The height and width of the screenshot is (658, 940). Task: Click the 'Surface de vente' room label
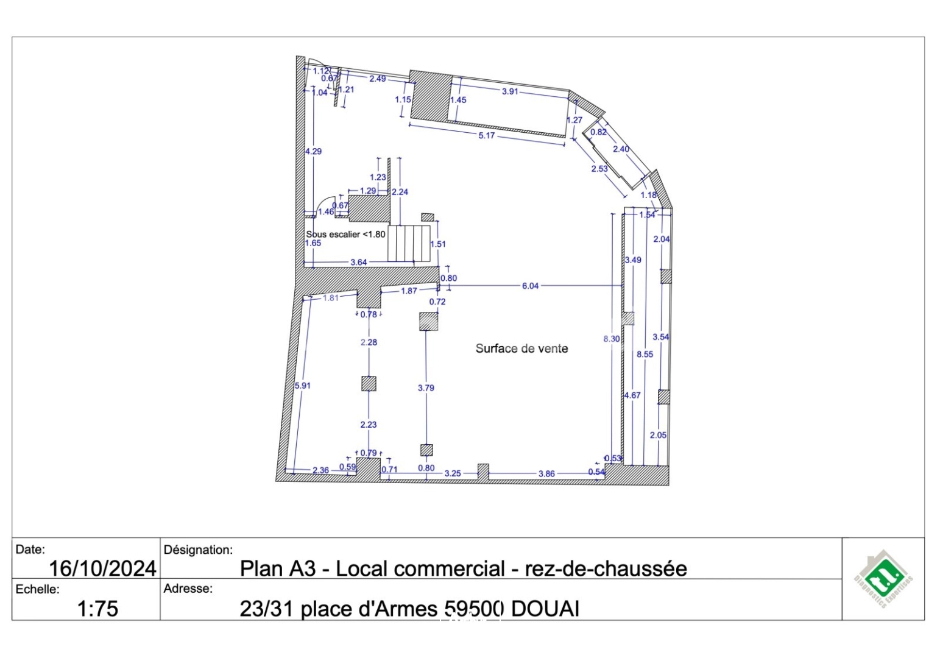coord(521,348)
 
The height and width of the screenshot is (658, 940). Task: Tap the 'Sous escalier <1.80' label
coord(345,234)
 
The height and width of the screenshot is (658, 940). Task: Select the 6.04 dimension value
coord(530,286)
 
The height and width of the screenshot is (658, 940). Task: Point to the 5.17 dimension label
coord(486,135)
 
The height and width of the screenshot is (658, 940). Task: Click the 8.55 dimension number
coord(645,354)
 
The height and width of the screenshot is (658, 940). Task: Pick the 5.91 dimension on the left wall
coord(303,386)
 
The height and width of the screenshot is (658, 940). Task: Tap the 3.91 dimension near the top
coord(509,91)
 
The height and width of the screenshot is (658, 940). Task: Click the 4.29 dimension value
coord(314,151)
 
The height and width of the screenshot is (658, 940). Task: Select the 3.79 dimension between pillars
coord(426,387)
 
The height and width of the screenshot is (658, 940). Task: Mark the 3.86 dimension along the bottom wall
coord(546,473)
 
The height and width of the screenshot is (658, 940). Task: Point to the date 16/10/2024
coord(102,568)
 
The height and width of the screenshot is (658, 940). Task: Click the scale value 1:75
coord(97,608)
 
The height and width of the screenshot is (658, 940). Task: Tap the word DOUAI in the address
coord(545,609)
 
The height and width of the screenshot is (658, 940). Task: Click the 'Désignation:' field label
coord(198,550)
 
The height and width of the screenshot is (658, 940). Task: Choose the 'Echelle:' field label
coord(38,589)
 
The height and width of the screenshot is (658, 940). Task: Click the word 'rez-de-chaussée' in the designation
coord(606,568)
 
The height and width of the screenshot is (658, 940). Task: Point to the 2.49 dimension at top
coord(377,79)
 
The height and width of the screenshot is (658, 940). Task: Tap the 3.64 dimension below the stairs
coord(359,262)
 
